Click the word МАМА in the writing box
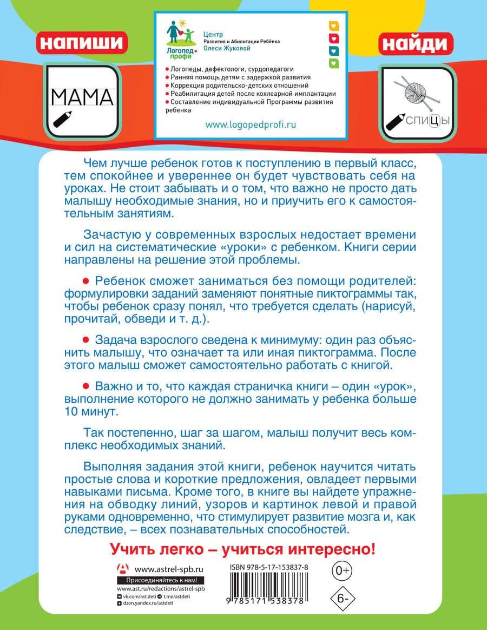[82, 97]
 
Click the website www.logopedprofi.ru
[251, 124]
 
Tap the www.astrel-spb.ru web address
[168, 569]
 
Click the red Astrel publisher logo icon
[124, 569]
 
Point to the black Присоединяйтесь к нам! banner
[161, 581]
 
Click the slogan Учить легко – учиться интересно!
[242, 549]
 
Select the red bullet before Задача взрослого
[85, 339]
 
